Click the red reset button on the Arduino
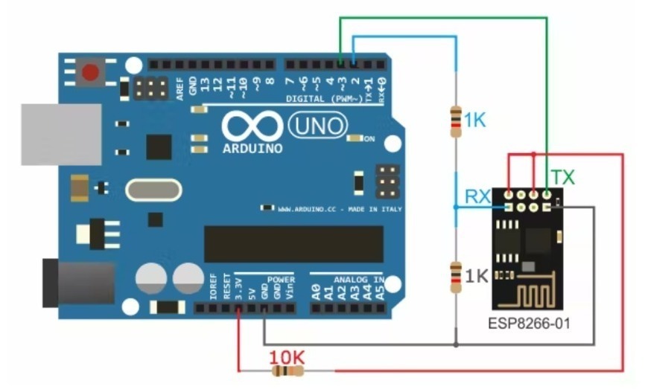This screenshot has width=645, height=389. [91, 73]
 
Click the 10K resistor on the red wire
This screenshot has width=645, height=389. [286, 370]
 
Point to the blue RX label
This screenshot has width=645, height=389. [477, 196]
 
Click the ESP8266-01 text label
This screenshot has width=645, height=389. [529, 324]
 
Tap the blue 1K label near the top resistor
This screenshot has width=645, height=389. [474, 119]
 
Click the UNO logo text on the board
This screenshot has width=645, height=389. [318, 124]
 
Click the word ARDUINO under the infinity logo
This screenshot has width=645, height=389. [252, 148]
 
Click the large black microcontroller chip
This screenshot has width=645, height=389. [293, 245]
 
